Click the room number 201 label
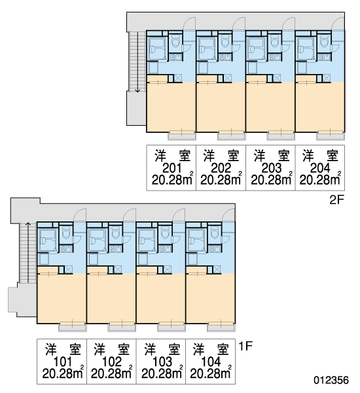pyautogui.click(x=171, y=168)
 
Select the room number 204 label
pyautogui.click(x=320, y=168)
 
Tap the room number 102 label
pyautogui.click(x=112, y=362)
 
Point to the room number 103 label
pyautogui.click(x=162, y=362)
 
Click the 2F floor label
pyautogui.click(x=337, y=200)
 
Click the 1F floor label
pyautogui.click(x=245, y=346)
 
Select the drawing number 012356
pyautogui.click(x=331, y=380)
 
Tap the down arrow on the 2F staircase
pyautogui.click(x=137, y=62)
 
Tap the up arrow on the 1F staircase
pyautogui.click(x=28, y=253)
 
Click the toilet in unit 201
pyautogui.click(x=175, y=41)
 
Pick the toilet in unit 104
pyautogui.click(x=215, y=232)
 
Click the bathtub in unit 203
pyautogui.click(x=256, y=49)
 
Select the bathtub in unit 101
pyautogui.click(x=47, y=240)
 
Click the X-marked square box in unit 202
pyautogui.click(x=228, y=79)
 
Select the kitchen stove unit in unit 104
pyautogui.click(x=215, y=249)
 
